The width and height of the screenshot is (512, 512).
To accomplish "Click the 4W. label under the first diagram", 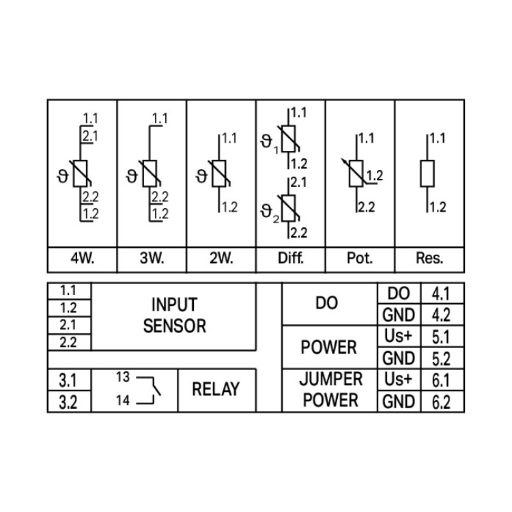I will (82, 259).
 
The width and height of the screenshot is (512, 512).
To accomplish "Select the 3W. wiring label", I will (152, 259).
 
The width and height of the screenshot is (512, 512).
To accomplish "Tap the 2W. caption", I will (221, 259).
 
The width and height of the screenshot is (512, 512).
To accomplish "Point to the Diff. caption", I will (290, 259).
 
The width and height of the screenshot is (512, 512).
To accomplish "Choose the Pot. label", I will (360, 259).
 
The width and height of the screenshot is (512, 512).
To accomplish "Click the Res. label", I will (429, 259).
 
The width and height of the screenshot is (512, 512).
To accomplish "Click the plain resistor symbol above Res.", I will (427, 173).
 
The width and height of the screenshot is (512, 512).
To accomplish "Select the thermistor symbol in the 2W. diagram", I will (219, 174).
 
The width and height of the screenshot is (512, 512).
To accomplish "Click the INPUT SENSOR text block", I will (174, 315).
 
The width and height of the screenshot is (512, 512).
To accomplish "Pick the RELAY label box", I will (216, 390).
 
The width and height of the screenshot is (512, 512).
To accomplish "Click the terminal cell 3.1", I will (68, 380).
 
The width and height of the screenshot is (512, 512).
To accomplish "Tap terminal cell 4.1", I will (442, 294).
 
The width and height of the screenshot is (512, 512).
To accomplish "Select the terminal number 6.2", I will (442, 402).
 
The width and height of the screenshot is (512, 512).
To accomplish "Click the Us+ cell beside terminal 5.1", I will (399, 337).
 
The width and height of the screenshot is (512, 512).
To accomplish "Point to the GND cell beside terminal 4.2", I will (399, 315).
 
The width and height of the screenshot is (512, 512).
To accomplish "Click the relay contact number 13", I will (122, 378).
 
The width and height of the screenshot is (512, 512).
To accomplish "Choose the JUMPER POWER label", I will (330, 390).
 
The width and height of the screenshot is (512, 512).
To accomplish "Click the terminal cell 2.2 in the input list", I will (68, 343).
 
